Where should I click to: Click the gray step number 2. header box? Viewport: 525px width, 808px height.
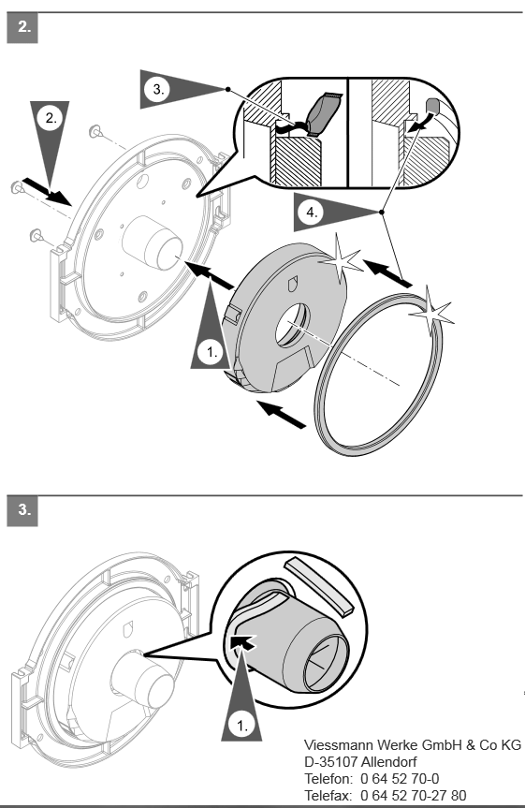tap(22, 28)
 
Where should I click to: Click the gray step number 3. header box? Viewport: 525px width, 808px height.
tap(22, 510)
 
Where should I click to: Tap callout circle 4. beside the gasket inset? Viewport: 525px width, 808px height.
tap(312, 212)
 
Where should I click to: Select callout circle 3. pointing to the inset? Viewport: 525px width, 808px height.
tap(158, 89)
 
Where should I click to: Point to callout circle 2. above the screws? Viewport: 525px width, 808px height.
tap(51, 118)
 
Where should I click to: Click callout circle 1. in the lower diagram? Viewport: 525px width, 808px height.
tap(241, 725)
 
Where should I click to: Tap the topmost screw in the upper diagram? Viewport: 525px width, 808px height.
tap(95, 131)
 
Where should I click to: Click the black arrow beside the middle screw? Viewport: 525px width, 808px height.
tap(47, 191)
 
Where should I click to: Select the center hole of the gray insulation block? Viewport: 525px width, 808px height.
tap(292, 325)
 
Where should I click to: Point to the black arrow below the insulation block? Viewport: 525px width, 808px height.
tap(282, 414)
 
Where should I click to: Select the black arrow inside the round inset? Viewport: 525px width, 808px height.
tap(243, 642)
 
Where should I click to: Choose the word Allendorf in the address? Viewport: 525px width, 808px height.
tap(389, 761)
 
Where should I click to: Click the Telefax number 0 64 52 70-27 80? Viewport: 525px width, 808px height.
tap(414, 795)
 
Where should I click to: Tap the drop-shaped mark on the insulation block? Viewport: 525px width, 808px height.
tap(292, 283)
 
